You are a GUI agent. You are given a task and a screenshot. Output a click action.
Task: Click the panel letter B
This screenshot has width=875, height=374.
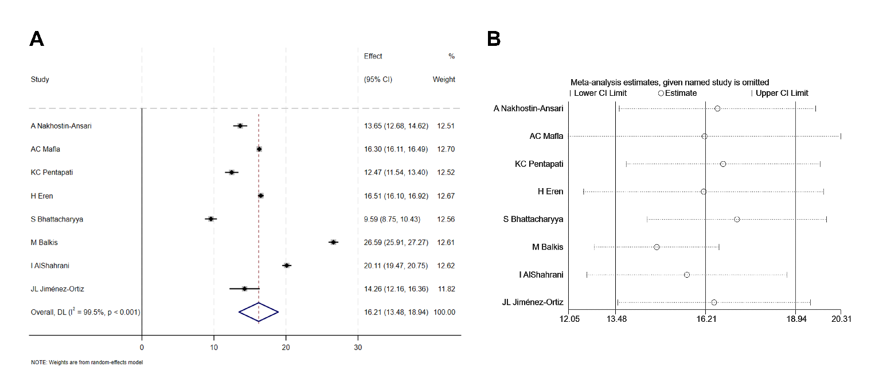tap(494, 39)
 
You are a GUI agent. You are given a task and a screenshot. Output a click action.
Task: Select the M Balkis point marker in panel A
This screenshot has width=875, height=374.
tap(333, 242)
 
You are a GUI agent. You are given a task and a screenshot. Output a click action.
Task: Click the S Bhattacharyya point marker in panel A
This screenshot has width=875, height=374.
tap(211, 219)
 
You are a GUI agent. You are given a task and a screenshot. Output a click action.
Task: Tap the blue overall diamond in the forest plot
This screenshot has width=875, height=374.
tap(259, 312)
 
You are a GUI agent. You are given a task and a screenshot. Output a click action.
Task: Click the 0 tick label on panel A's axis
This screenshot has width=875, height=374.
tap(142, 346)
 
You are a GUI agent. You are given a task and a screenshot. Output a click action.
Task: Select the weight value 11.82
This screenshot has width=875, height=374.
tap(446, 289)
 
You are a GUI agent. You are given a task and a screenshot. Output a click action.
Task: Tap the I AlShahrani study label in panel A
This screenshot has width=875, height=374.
tap(50, 266)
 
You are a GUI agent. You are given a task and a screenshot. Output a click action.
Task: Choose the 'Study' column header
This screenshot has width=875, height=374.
tap(40, 80)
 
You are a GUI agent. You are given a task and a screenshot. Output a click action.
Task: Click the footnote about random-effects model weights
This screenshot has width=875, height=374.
tap(87, 363)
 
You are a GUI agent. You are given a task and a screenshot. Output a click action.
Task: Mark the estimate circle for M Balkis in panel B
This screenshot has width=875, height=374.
tap(657, 247)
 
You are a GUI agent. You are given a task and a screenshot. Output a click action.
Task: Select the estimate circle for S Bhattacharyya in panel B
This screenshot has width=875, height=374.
tap(737, 219)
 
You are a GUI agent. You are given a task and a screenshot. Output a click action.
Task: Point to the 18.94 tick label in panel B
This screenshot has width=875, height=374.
tap(795, 319)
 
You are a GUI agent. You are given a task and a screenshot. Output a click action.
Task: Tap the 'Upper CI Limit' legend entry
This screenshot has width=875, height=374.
tap(782, 93)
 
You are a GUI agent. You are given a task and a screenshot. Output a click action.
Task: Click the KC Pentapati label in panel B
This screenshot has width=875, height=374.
tap(539, 164)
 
